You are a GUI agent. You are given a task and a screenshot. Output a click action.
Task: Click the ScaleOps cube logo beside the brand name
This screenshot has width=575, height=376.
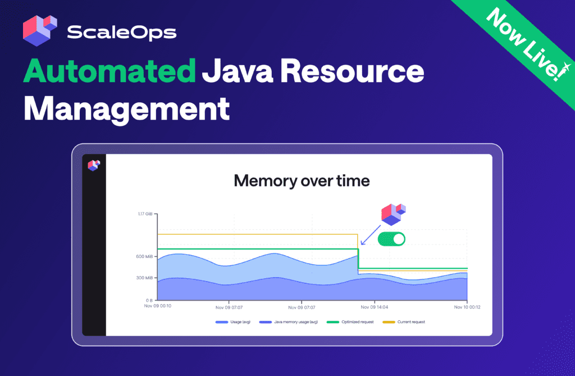pyautogui.click(x=40, y=30)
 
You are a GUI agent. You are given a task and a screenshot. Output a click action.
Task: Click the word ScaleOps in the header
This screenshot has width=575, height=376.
pyautogui.click(x=122, y=33)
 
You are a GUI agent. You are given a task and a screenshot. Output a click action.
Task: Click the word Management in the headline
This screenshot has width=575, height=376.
pyautogui.click(x=127, y=110)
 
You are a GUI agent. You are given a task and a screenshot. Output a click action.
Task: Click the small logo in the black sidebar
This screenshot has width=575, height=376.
pyautogui.click(x=94, y=165)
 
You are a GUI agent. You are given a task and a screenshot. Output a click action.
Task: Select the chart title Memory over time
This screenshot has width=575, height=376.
pyautogui.click(x=302, y=180)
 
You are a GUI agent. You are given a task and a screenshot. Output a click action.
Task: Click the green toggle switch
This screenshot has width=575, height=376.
pyautogui.click(x=391, y=239)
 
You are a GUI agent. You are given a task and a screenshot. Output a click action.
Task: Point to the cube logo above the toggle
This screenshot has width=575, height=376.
pyautogui.click(x=394, y=215)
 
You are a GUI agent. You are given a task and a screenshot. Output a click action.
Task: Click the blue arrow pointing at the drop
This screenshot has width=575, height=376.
pyautogui.click(x=371, y=235)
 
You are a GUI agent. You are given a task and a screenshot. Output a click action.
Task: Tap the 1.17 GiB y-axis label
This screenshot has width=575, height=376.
pyautogui.click(x=145, y=214)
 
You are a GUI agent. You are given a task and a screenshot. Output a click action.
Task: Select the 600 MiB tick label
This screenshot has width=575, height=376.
pyautogui.click(x=144, y=256)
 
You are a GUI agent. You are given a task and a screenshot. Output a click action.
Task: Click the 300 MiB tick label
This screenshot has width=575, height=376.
pyautogui.click(x=144, y=278)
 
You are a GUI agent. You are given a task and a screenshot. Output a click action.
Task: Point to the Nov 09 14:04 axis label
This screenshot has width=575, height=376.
pyautogui.click(x=375, y=307)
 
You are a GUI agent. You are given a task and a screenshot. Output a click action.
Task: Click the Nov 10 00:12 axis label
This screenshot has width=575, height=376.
pyautogui.click(x=467, y=307)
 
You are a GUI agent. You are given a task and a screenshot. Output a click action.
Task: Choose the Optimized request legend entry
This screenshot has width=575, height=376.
pyautogui.click(x=350, y=322)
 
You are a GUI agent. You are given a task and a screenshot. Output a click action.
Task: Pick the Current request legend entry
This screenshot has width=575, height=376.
pyautogui.click(x=404, y=322)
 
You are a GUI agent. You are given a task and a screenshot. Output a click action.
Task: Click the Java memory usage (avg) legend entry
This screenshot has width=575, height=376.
pyautogui.click(x=289, y=322)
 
